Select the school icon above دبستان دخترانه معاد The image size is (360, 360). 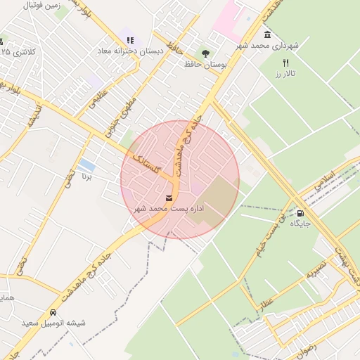129,40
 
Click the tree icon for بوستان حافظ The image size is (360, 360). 205,52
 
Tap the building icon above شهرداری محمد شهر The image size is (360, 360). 267,35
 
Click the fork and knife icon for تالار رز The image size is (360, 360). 285,63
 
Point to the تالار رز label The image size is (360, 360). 286,74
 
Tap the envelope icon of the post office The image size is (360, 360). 169,198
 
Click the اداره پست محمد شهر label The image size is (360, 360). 169,210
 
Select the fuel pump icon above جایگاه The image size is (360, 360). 300,213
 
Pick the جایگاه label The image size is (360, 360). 300,224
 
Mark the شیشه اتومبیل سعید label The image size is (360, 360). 53,323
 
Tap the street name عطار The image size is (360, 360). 266,304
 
